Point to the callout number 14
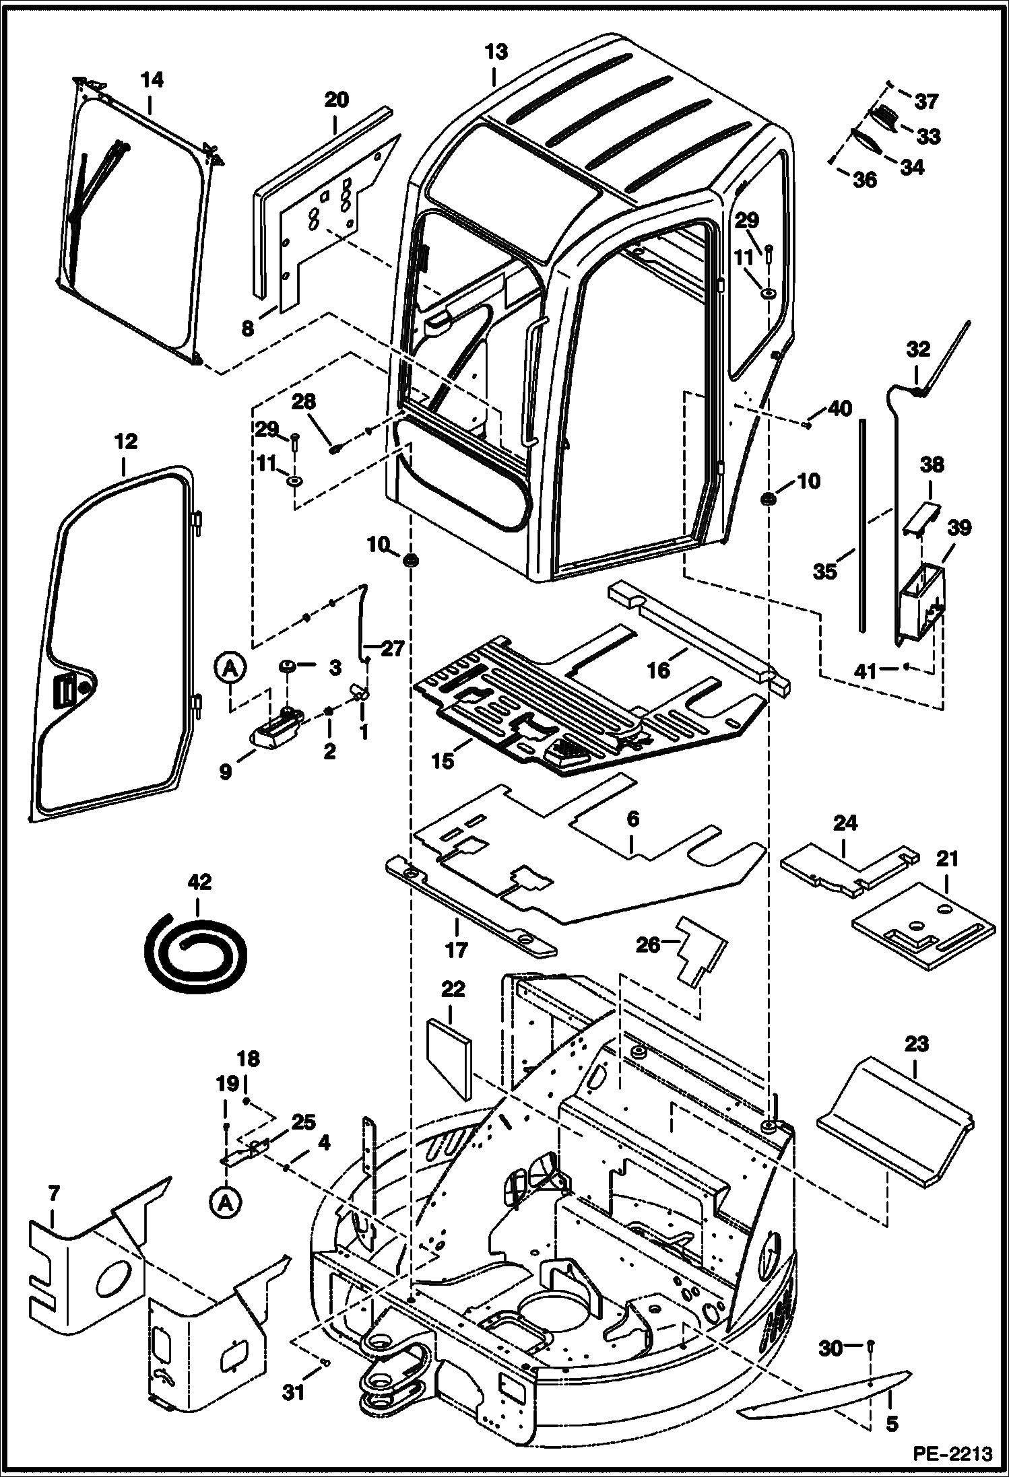coord(152,80)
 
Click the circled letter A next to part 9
coord(230,668)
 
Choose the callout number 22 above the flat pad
coord(453,990)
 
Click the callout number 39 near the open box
coord(959,528)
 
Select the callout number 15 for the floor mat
coord(443,762)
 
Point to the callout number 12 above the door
coord(126,442)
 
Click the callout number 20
coord(337,100)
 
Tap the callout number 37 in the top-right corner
coord(927,102)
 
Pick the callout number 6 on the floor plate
coord(632,820)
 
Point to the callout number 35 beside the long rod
coord(824,572)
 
